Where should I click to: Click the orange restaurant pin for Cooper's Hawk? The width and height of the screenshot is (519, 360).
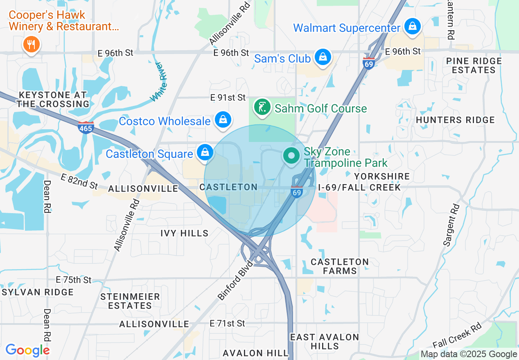31,43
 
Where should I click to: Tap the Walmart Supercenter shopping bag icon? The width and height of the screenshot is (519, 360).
413,27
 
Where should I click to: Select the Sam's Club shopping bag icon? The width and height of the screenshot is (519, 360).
323,58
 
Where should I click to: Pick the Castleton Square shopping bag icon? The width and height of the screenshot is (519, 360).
205,153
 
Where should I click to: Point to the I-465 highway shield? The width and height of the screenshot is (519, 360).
86,127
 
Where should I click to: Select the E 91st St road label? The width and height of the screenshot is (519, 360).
228,97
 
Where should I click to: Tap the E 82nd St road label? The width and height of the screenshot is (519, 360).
79,181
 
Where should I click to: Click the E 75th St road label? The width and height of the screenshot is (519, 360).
74,280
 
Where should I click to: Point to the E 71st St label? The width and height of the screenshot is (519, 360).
227,323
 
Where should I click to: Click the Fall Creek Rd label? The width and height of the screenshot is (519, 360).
457,336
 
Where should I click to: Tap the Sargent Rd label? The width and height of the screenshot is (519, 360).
451,225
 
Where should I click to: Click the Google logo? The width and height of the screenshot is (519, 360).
27,350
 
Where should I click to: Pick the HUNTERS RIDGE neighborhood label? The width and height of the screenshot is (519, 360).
455,120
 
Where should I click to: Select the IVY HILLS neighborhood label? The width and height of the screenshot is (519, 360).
184,233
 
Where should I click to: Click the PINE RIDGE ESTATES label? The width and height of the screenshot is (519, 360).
474,65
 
